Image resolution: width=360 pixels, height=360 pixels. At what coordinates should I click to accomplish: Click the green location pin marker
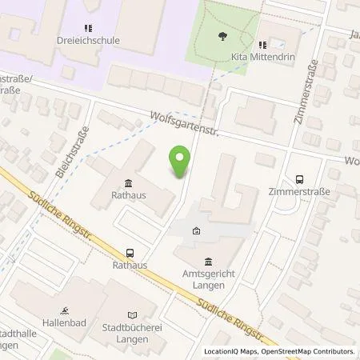181,162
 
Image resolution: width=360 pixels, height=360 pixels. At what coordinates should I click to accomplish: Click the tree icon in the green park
222,34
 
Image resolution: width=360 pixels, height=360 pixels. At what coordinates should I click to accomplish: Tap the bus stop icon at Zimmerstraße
299,179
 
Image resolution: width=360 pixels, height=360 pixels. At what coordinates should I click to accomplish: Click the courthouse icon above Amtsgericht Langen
208,262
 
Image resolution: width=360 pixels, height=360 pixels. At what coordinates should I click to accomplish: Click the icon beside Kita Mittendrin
262,46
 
